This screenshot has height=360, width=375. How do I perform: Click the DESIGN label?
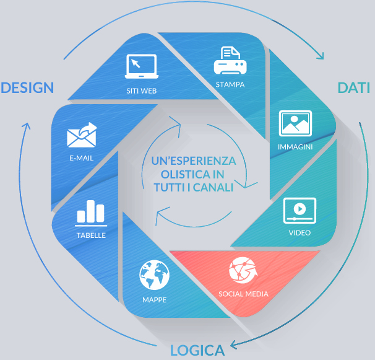click(x=27, y=88)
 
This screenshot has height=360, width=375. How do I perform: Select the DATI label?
click(x=354, y=88)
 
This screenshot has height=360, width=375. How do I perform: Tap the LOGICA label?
click(x=197, y=350)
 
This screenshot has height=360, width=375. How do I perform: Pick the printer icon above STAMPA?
click(x=230, y=61)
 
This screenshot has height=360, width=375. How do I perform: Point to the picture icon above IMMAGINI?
click(x=295, y=124)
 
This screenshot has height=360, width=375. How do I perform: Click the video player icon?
click(x=300, y=211)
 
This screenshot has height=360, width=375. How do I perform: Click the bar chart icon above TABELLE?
click(x=90, y=212)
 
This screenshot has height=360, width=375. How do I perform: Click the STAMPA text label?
click(x=230, y=84)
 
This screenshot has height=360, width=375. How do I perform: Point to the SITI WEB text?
click(x=141, y=90)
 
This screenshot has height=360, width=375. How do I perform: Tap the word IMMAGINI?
click(x=295, y=147)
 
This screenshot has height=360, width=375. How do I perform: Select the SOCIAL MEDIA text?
click(x=243, y=294)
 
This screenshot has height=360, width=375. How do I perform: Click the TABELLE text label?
click(x=91, y=235)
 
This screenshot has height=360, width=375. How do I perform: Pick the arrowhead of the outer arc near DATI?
click(x=321, y=56)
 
